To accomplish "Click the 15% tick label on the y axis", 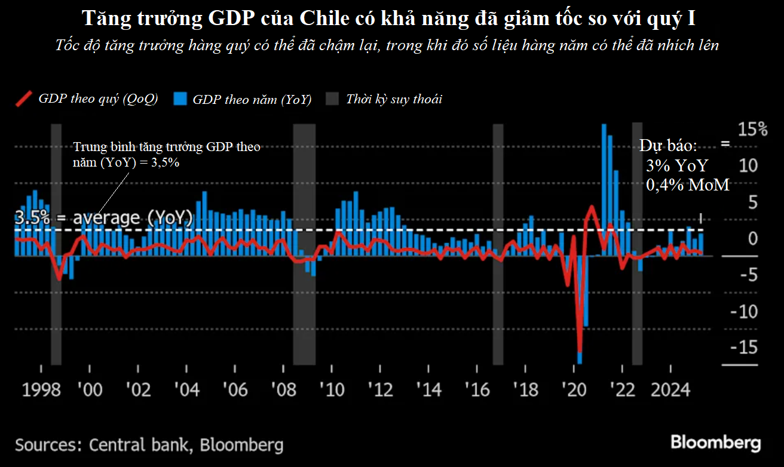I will [751, 129].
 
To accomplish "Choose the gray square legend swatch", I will [332, 99].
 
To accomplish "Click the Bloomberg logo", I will [715, 443].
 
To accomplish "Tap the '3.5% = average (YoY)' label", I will [103, 218].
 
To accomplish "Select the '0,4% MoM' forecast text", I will [687, 185].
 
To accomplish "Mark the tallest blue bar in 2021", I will [604, 185].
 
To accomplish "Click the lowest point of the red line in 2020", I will [580, 351].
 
